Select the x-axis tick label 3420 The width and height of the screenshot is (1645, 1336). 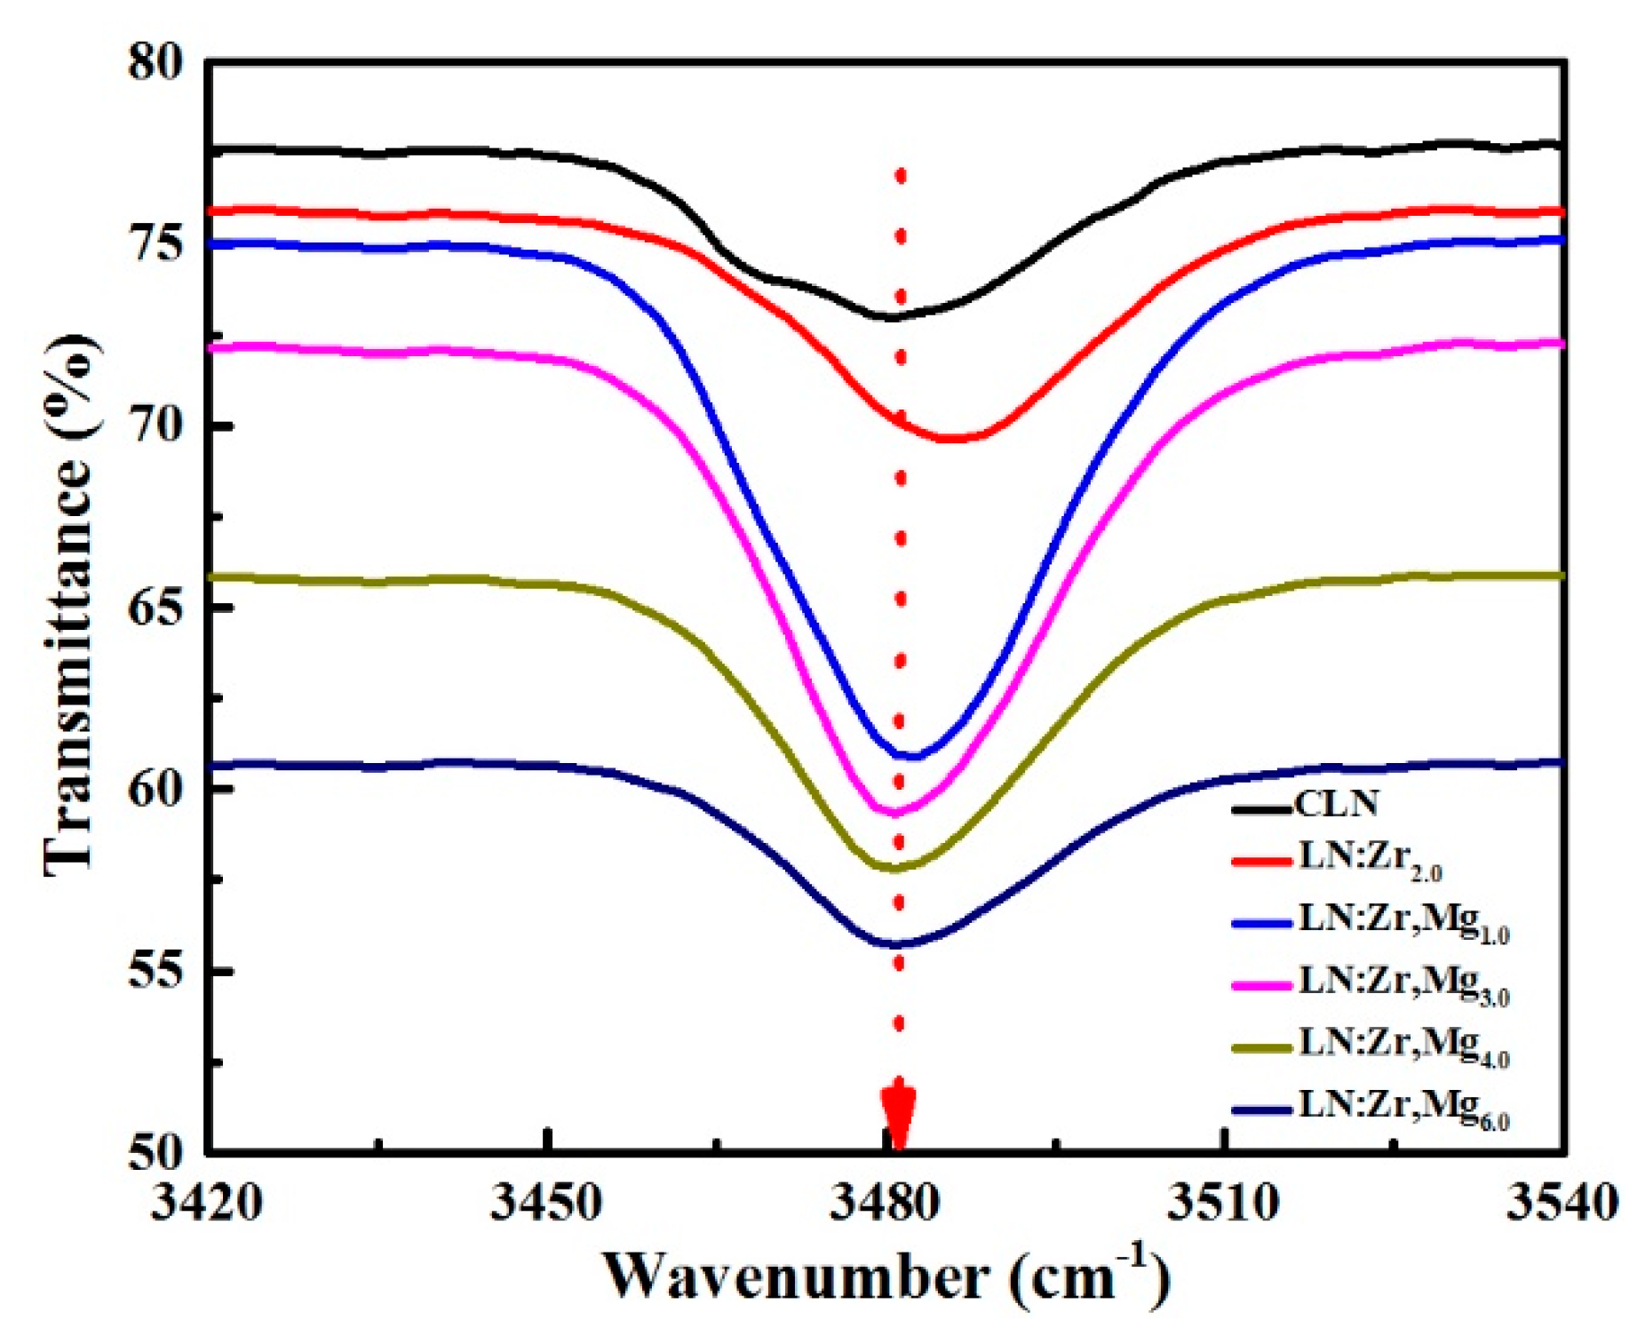[x=205, y=1205]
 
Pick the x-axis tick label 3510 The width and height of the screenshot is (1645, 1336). [x=1223, y=1205]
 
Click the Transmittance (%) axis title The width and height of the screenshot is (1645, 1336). [x=69, y=604]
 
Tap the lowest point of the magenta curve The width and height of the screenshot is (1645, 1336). [x=894, y=813]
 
